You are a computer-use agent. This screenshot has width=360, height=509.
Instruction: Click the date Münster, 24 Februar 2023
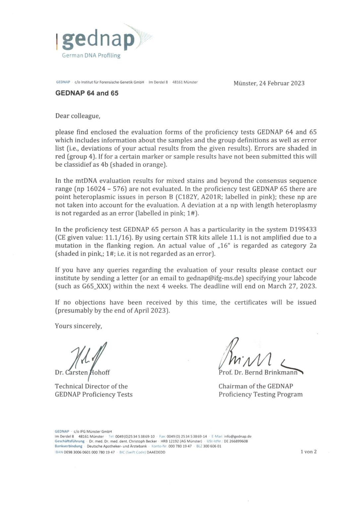pyautogui.click(x=269, y=83)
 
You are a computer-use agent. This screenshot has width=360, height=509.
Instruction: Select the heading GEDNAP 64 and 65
pyautogui.click(x=87, y=93)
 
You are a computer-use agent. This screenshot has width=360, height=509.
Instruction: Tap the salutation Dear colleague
pyautogui.click(x=77, y=116)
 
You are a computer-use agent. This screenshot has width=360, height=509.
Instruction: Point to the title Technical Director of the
pyautogui.click(x=91, y=386)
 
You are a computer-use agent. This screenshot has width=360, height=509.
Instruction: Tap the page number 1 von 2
pyautogui.click(x=308, y=452)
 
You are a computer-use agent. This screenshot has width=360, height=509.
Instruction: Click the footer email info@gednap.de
pyautogui.click(x=237, y=436)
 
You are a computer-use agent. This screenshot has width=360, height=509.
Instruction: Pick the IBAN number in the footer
pyautogui.click(x=89, y=452)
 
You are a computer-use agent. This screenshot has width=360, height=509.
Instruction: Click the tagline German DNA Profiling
pyautogui.click(x=91, y=56)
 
